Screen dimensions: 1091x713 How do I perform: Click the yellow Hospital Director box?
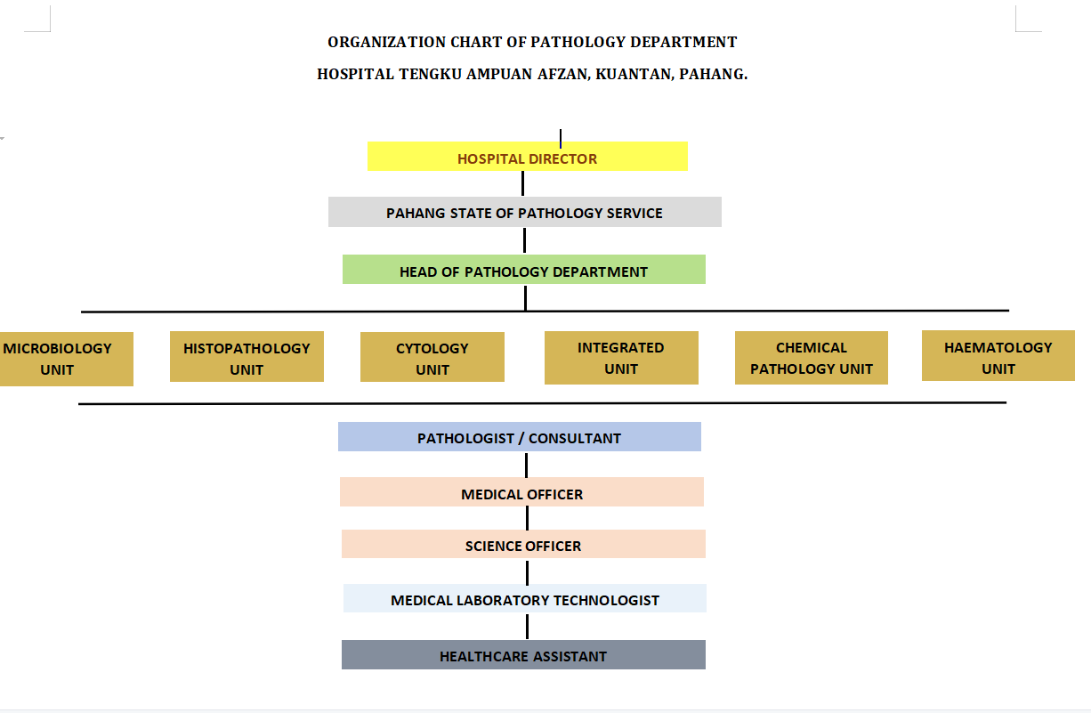pyautogui.click(x=528, y=157)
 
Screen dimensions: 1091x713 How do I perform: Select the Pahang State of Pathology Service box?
pyautogui.click(x=524, y=212)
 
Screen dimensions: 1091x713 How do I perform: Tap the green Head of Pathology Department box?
pyautogui.click(x=523, y=270)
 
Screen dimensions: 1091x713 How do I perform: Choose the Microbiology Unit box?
pyautogui.click(x=66, y=360)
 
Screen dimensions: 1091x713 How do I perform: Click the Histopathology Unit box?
pyautogui.click(x=246, y=357)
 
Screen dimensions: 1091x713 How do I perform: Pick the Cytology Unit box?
pyautogui.click(x=432, y=357)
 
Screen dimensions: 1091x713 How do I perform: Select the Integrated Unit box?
pyautogui.click(x=621, y=358)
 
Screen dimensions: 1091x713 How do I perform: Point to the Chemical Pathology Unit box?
pyautogui.click(x=811, y=358)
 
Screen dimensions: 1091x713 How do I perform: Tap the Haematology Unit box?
pyautogui.click(x=998, y=356)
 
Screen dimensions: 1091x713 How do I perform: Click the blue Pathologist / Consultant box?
pyautogui.click(x=519, y=437)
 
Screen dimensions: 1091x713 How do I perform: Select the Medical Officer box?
pyautogui.click(x=521, y=492)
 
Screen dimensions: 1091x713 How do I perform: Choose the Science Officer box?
pyautogui.click(x=523, y=544)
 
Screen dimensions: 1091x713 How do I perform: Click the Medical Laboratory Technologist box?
pyautogui.click(x=524, y=598)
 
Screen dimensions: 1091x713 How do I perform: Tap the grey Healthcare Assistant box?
pyautogui.click(x=523, y=655)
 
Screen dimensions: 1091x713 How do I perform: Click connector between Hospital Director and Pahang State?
pyautogui.click(x=522, y=183)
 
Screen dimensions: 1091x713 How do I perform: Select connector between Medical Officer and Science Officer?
pyautogui.click(x=527, y=518)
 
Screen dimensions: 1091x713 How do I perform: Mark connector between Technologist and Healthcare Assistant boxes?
pyautogui.click(x=527, y=627)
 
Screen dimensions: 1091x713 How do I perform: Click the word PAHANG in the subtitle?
pyautogui.click(x=713, y=74)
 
